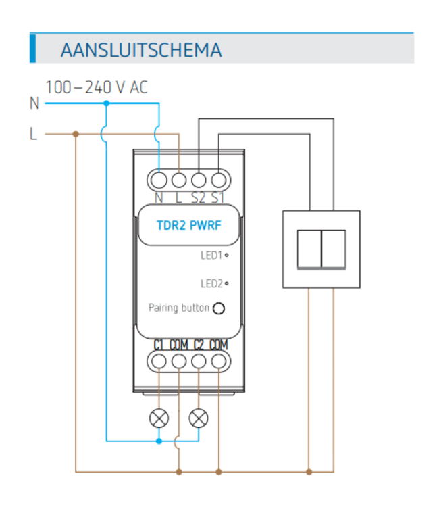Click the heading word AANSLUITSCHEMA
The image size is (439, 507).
(140, 50)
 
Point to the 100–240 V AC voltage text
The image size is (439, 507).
(97, 87)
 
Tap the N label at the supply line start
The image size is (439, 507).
(34, 103)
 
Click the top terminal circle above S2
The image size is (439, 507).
(199, 180)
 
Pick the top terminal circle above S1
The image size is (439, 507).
(218, 180)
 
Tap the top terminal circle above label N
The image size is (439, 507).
(159, 180)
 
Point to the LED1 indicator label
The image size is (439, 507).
(211, 256)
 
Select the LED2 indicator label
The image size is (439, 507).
(211, 284)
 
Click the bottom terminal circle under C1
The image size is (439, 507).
(159, 361)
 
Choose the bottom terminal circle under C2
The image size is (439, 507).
(199, 361)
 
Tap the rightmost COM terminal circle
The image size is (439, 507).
(218, 361)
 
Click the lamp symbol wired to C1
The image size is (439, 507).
(159, 418)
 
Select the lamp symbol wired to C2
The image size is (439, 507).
(199, 418)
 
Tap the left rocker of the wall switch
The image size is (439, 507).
(309, 249)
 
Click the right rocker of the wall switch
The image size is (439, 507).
(334, 249)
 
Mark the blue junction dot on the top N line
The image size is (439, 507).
(106, 103)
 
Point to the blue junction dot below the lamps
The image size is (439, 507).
(159, 441)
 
